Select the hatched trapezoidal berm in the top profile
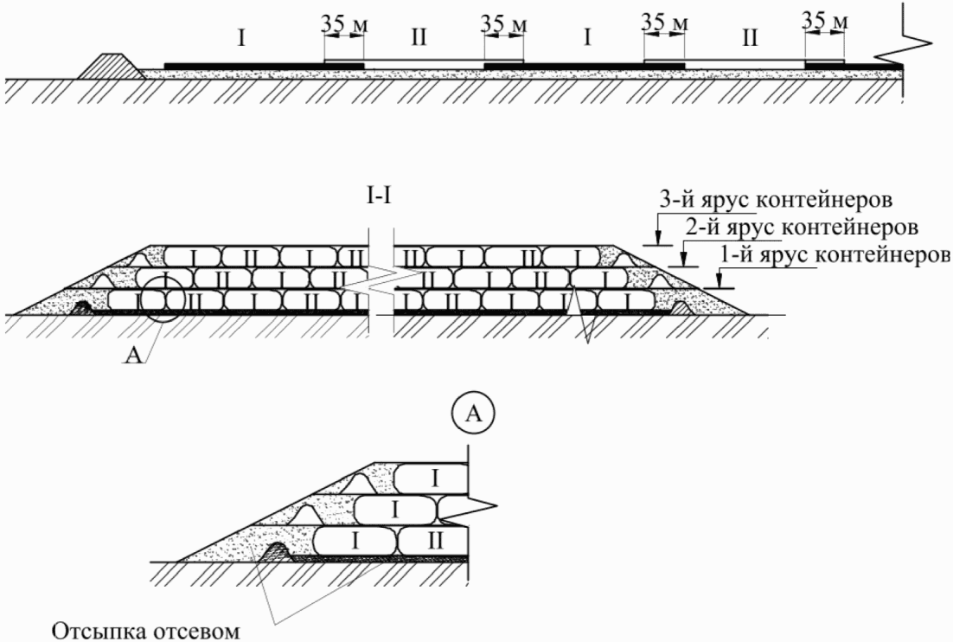[x=110, y=66]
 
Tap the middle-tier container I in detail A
[x=394, y=509]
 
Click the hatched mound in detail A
[x=275, y=551]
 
